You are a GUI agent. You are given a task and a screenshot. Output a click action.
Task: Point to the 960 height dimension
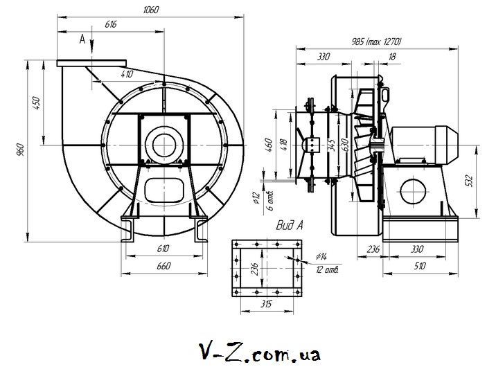point(20,150)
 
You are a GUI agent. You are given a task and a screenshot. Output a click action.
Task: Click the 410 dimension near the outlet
point(127,73)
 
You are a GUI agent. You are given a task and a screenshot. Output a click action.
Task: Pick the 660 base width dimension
point(163,266)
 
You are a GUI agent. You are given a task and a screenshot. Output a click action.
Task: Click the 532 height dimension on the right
point(470,181)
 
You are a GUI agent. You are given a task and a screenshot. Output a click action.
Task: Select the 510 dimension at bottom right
point(420,265)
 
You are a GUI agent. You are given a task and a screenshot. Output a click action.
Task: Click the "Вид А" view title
point(290,224)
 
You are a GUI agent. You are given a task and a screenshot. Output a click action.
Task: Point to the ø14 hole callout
point(319,258)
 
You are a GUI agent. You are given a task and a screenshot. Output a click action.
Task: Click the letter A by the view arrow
point(82,40)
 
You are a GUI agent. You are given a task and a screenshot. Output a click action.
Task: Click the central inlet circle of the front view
point(164,143)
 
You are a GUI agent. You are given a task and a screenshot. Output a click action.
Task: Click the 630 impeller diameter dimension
point(344,146)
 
